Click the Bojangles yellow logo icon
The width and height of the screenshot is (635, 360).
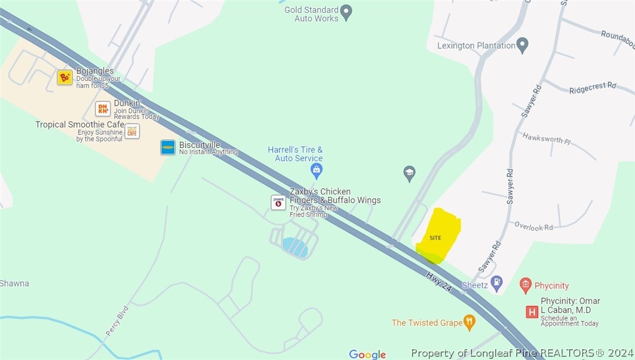click(x=65, y=77)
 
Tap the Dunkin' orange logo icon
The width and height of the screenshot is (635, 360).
click(x=103, y=108)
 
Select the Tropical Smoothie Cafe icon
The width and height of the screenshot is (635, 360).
click(x=132, y=131)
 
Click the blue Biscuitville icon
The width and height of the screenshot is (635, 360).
click(x=168, y=147)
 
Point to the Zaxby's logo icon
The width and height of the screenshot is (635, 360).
click(x=278, y=202)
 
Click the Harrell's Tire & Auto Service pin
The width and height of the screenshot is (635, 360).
click(x=316, y=171)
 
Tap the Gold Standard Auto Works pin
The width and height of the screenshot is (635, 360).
click(x=347, y=13)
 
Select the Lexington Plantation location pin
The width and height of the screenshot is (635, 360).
click(x=522, y=45)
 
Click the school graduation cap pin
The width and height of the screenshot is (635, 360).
click(x=409, y=173)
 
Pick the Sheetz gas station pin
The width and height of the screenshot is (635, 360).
click(x=497, y=282)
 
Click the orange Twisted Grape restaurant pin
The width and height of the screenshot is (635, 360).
click(x=470, y=322)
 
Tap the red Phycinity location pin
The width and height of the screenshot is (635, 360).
click(x=525, y=285)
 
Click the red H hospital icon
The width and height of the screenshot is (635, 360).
click(x=532, y=311)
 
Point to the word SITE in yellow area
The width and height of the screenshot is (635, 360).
click(x=435, y=238)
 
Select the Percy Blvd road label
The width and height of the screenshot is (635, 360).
click(x=117, y=321)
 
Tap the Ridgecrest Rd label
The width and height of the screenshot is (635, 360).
click(x=592, y=88)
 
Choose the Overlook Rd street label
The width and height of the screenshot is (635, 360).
click(x=533, y=226)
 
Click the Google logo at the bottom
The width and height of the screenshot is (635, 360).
click(x=367, y=354)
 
